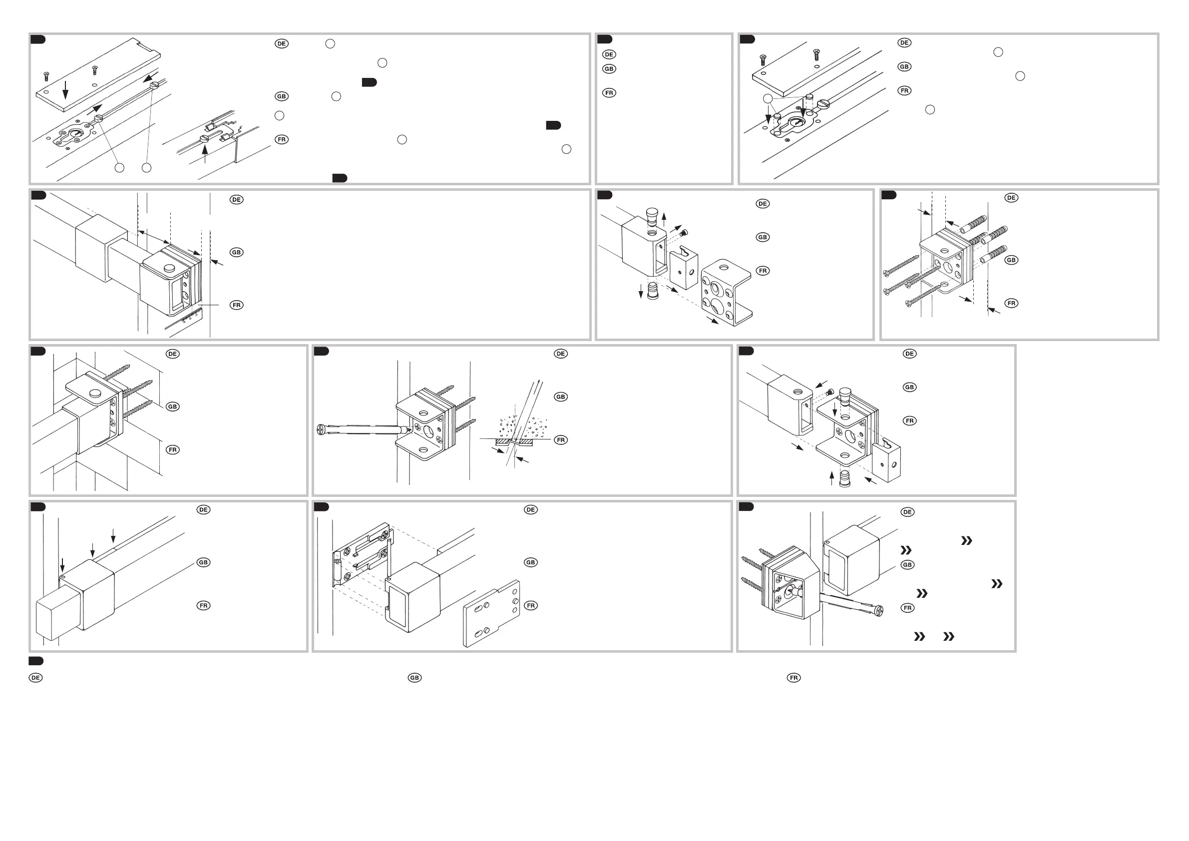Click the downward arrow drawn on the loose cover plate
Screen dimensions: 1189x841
[65, 89]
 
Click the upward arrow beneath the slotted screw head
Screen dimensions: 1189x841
[205, 154]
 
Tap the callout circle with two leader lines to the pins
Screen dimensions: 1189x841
[768, 99]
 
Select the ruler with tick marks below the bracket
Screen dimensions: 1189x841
[186, 319]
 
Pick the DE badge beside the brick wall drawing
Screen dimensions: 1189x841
[172, 354]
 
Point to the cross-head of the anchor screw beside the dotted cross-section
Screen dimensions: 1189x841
[322, 429]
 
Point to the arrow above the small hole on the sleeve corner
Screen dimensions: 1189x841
[62, 565]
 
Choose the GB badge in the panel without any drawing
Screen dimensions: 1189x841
[609, 69]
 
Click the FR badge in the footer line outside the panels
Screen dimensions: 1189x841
[793, 677]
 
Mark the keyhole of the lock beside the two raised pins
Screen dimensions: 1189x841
[793, 124]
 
